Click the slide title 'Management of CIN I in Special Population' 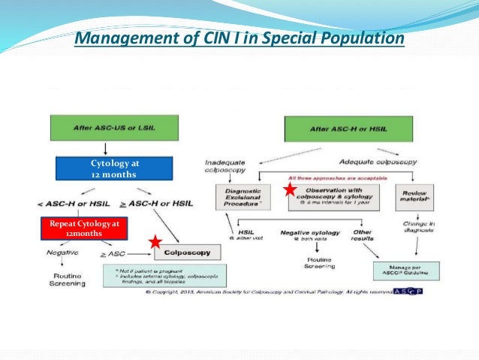[x=239, y=37]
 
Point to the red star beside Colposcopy [x=155, y=242]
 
